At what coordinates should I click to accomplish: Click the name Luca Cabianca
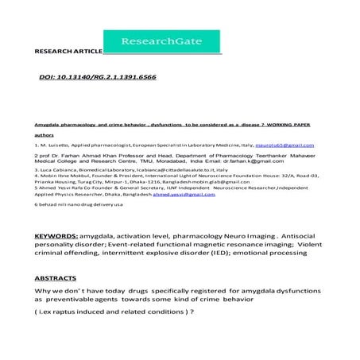[61, 170]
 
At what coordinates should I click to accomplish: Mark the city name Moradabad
[154, 161]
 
